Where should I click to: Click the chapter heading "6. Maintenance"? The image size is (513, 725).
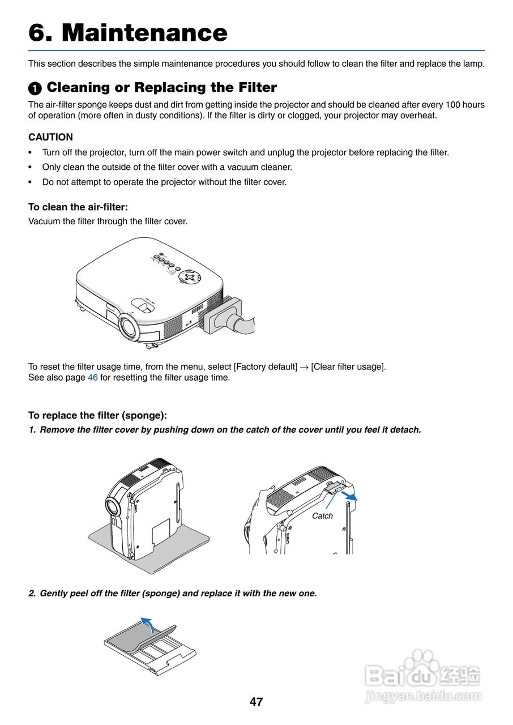(128, 33)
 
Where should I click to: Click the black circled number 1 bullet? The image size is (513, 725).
(35, 88)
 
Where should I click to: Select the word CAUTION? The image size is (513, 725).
(50, 137)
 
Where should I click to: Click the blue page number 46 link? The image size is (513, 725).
(93, 378)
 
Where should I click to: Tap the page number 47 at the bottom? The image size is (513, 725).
(256, 702)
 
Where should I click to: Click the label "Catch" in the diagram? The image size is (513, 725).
(322, 516)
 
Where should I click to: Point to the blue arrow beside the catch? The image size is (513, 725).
(349, 496)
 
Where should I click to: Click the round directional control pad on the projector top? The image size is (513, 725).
(190, 278)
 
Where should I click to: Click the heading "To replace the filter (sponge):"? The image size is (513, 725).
(97, 416)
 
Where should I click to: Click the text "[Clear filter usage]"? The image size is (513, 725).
(348, 366)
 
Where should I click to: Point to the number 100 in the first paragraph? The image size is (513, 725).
(447, 105)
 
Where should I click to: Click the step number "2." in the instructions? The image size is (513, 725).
(32, 594)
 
